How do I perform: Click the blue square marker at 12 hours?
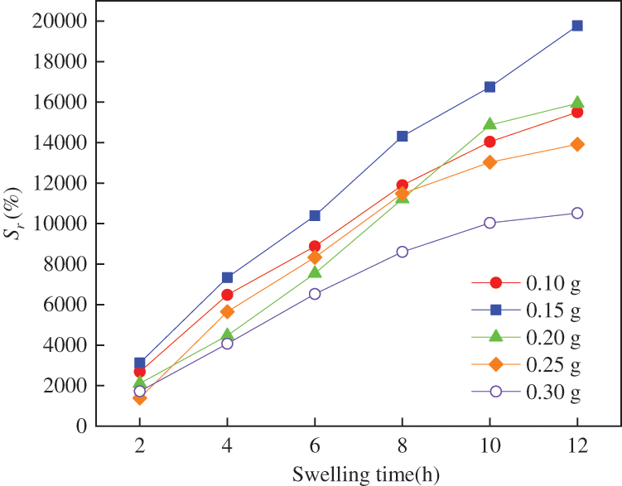click(x=577, y=26)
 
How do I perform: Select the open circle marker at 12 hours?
click(x=577, y=213)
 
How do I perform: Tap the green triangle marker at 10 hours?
click(x=489, y=124)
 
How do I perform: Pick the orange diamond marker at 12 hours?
click(x=577, y=144)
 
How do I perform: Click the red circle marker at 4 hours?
click(x=227, y=295)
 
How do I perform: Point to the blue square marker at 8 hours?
click(x=403, y=136)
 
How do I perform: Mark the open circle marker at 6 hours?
click(x=315, y=294)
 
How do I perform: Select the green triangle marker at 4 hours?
click(x=227, y=335)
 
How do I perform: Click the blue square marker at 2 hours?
click(x=140, y=363)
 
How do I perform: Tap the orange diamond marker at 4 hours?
click(x=227, y=311)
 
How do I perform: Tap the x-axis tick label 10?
click(x=489, y=446)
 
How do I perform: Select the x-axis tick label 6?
click(x=315, y=446)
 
